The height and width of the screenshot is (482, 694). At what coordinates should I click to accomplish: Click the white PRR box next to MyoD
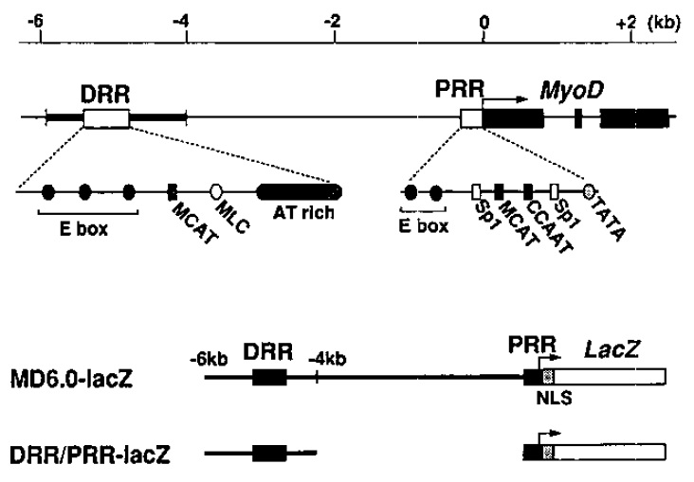471,118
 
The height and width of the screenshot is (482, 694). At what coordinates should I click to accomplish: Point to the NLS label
551,397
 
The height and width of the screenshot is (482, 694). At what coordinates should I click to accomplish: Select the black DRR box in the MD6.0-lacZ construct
269,376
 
